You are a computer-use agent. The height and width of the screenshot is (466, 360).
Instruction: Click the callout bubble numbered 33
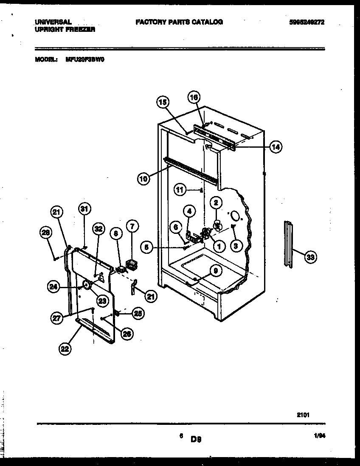click(x=311, y=256)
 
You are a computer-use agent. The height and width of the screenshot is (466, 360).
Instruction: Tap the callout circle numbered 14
click(x=276, y=147)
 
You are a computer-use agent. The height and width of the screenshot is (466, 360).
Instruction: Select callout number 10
click(x=143, y=179)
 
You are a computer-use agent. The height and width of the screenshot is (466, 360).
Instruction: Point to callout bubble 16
click(x=194, y=97)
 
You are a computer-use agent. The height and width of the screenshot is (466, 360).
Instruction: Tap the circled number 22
click(x=65, y=349)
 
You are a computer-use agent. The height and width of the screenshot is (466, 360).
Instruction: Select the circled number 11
click(x=180, y=190)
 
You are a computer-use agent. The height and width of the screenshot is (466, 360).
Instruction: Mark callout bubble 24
click(x=53, y=287)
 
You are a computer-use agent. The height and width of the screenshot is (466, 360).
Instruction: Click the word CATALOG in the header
click(x=207, y=22)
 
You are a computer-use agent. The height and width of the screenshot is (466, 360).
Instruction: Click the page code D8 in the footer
click(x=195, y=440)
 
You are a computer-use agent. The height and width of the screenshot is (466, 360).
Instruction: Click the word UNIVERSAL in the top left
click(x=53, y=22)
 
